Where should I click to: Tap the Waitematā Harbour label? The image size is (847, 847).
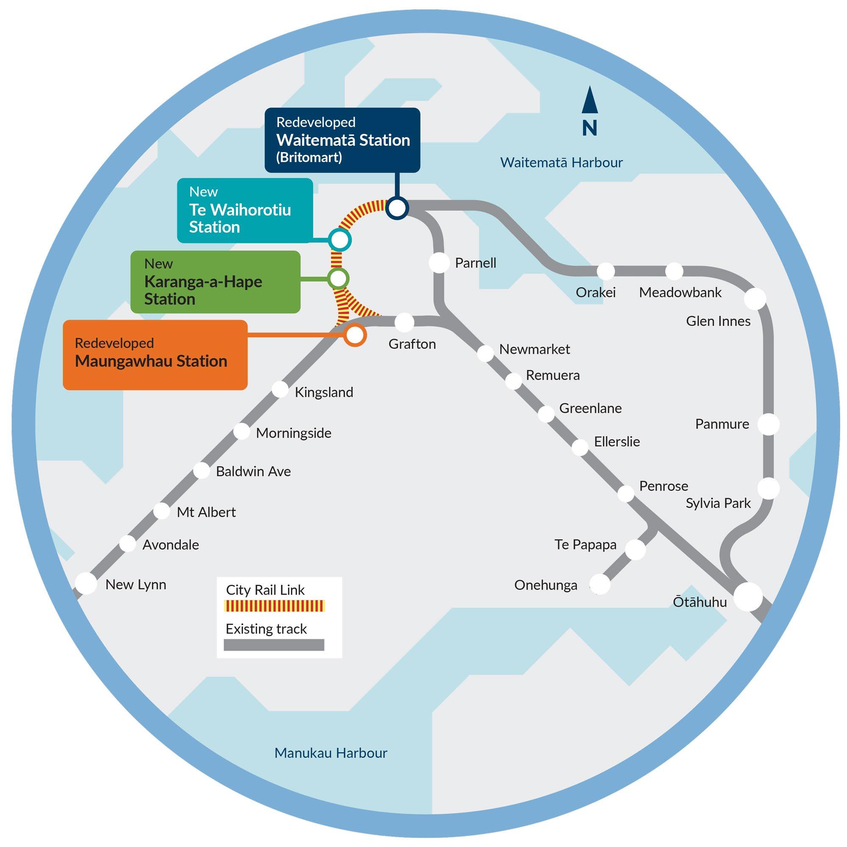(x=561, y=163)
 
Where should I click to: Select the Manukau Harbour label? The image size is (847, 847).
(x=331, y=753)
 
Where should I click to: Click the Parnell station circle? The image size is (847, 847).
(x=439, y=263)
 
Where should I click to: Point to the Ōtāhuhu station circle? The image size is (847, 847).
(x=748, y=596)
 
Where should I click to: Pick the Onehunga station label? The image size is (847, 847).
(x=545, y=585)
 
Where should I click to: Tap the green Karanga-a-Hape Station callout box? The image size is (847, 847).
(x=215, y=282)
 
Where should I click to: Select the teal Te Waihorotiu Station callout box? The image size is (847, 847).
(x=245, y=210)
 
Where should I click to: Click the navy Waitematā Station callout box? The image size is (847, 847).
(x=342, y=140)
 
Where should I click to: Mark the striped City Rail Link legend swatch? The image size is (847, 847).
(x=274, y=606)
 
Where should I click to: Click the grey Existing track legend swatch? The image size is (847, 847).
(x=274, y=645)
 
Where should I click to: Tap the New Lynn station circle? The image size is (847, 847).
(x=86, y=584)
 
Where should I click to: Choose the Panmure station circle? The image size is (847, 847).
(x=769, y=424)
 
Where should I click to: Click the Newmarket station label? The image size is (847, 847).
(x=534, y=349)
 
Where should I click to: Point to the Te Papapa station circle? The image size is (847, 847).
(x=635, y=549)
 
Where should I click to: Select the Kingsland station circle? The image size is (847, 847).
(x=280, y=389)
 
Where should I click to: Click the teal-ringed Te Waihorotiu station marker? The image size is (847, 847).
(x=340, y=240)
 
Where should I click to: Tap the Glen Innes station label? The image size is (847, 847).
(x=718, y=321)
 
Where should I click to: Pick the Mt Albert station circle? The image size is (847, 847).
(x=162, y=511)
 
